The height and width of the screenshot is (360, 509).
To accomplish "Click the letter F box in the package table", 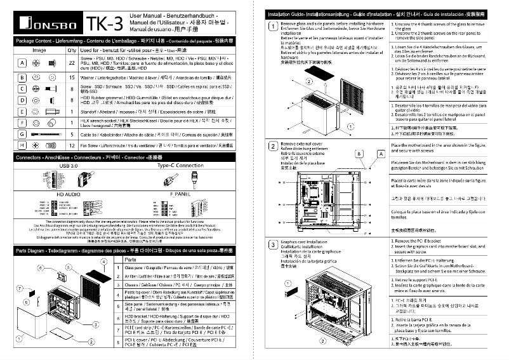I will click(22, 121).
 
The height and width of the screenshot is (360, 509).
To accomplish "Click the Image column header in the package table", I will click(39, 50).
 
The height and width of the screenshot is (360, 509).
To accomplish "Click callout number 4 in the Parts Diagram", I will click(103, 262).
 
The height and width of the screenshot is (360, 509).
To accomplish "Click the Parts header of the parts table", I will click(129, 260).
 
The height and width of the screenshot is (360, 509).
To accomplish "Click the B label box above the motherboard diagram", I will click(360, 154).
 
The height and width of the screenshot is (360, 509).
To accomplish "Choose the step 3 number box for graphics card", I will click(273, 244).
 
